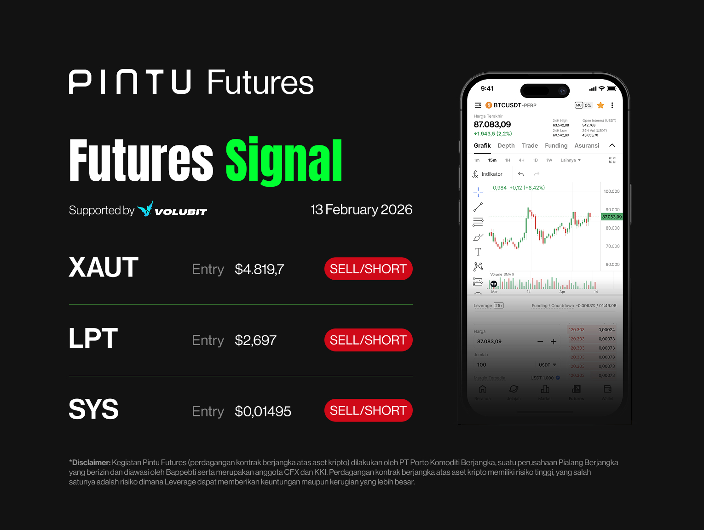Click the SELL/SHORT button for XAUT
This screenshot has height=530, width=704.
(x=368, y=269)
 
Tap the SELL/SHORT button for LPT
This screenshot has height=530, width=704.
(x=368, y=340)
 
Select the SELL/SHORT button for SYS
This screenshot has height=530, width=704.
(x=368, y=410)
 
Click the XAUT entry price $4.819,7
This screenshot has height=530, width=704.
(x=259, y=269)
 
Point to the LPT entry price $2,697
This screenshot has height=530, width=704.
(x=255, y=340)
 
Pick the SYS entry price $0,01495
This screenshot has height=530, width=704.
(x=263, y=411)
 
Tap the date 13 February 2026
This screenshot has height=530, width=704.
(x=361, y=210)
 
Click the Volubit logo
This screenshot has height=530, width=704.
(x=173, y=210)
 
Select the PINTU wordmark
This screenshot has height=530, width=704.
(x=130, y=82)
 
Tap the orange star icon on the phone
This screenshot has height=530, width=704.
(x=600, y=105)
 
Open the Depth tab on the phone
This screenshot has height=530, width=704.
(x=506, y=146)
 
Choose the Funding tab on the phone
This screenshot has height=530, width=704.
(x=556, y=146)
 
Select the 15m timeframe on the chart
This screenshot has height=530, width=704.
(x=492, y=160)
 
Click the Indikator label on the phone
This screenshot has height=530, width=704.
(x=492, y=174)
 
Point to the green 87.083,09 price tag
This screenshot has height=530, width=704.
(x=612, y=217)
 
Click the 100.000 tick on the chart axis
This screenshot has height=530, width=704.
(x=612, y=191)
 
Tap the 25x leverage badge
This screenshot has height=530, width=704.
(x=499, y=305)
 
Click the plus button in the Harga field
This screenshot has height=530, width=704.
(x=554, y=341)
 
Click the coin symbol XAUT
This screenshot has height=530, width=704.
(x=104, y=267)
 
